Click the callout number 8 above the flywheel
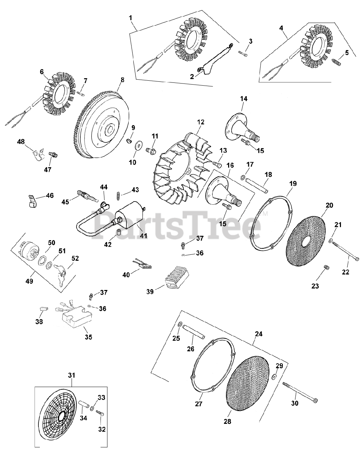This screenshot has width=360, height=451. (122, 80)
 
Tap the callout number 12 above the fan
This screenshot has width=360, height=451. (201, 122)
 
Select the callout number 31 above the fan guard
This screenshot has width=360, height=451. (72, 376)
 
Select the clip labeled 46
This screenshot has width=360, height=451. (33, 202)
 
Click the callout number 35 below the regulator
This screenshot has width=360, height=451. (88, 337)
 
